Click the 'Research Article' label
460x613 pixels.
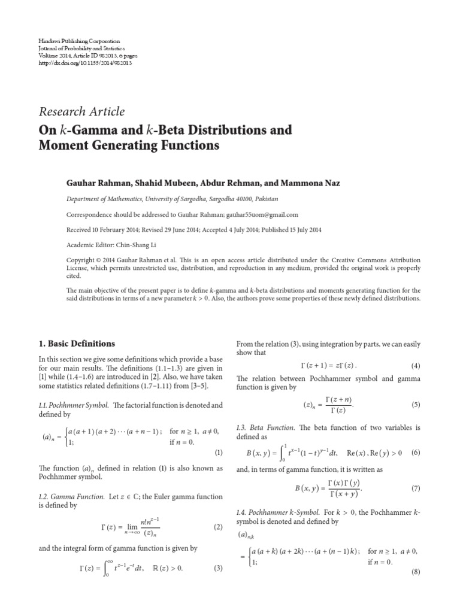(81, 111)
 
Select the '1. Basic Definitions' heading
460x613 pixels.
(76, 344)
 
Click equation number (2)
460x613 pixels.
(218, 527)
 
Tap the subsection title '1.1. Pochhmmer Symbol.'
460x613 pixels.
(74, 405)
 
